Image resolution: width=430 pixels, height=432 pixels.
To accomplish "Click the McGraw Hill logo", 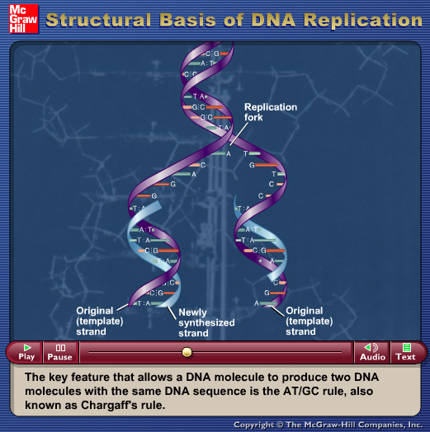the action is tap(23, 19).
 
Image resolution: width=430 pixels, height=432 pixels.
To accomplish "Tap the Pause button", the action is tap(60, 352).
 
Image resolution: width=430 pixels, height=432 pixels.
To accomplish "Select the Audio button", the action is tap(372, 352).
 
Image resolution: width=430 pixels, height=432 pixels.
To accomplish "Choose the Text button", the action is tap(406, 352).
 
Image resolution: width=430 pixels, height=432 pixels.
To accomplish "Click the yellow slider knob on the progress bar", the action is tap(187, 352).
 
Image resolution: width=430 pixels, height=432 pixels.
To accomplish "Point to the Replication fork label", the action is tap(271, 112).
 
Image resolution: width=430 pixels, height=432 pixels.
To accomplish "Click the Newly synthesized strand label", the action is tap(206, 322).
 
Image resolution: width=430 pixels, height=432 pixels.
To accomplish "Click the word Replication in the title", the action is tap(363, 20).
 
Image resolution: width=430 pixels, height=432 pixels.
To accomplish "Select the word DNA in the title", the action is tap(273, 20).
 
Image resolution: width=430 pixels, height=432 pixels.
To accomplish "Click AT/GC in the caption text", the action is tap(301, 392).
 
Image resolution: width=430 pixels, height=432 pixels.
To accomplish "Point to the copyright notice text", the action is tap(328, 425).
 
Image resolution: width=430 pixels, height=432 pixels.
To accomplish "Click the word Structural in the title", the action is tap(98, 20).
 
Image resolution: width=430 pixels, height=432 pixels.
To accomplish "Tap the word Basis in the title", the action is tap(187, 20).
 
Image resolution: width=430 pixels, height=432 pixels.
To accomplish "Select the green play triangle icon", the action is tap(27, 347).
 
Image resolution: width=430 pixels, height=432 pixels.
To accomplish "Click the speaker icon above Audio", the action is tap(371, 347).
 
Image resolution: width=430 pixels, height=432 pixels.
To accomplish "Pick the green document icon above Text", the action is tap(407, 347).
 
